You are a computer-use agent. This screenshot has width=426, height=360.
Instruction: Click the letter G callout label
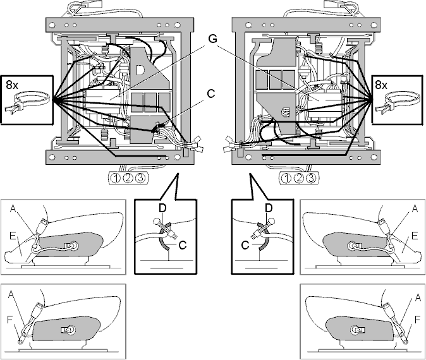(213, 39)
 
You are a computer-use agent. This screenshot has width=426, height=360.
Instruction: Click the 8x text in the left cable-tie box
(12, 85)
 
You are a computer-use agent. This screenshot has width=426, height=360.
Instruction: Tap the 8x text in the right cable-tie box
(381, 85)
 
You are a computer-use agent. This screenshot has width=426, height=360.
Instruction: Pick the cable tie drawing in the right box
(398, 103)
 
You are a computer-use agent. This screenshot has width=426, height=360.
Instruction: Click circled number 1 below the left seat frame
(116, 178)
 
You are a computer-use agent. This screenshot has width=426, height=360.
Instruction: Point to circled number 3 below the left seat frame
(140, 178)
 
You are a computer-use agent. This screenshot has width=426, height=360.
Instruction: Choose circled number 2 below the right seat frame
(298, 178)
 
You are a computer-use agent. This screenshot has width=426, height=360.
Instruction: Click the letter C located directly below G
(211, 93)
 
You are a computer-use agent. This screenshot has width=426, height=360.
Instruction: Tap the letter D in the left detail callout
(162, 208)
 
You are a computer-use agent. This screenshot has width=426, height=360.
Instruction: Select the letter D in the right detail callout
(269, 208)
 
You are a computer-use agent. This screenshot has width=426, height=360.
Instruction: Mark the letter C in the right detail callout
(245, 245)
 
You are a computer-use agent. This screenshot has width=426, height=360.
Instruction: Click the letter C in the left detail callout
(183, 245)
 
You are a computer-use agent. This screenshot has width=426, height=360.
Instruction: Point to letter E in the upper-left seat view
(13, 236)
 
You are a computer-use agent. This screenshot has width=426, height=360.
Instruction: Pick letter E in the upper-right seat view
(415, 236)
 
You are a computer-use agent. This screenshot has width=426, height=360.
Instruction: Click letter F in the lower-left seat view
(9, 320)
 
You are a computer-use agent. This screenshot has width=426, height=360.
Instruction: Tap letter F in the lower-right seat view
(418, 320)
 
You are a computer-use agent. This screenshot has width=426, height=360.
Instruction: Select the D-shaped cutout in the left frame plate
(140, 69)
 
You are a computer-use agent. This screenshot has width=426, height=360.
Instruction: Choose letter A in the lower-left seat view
(11, 294)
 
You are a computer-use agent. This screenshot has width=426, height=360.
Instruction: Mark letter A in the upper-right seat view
(415, 208)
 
